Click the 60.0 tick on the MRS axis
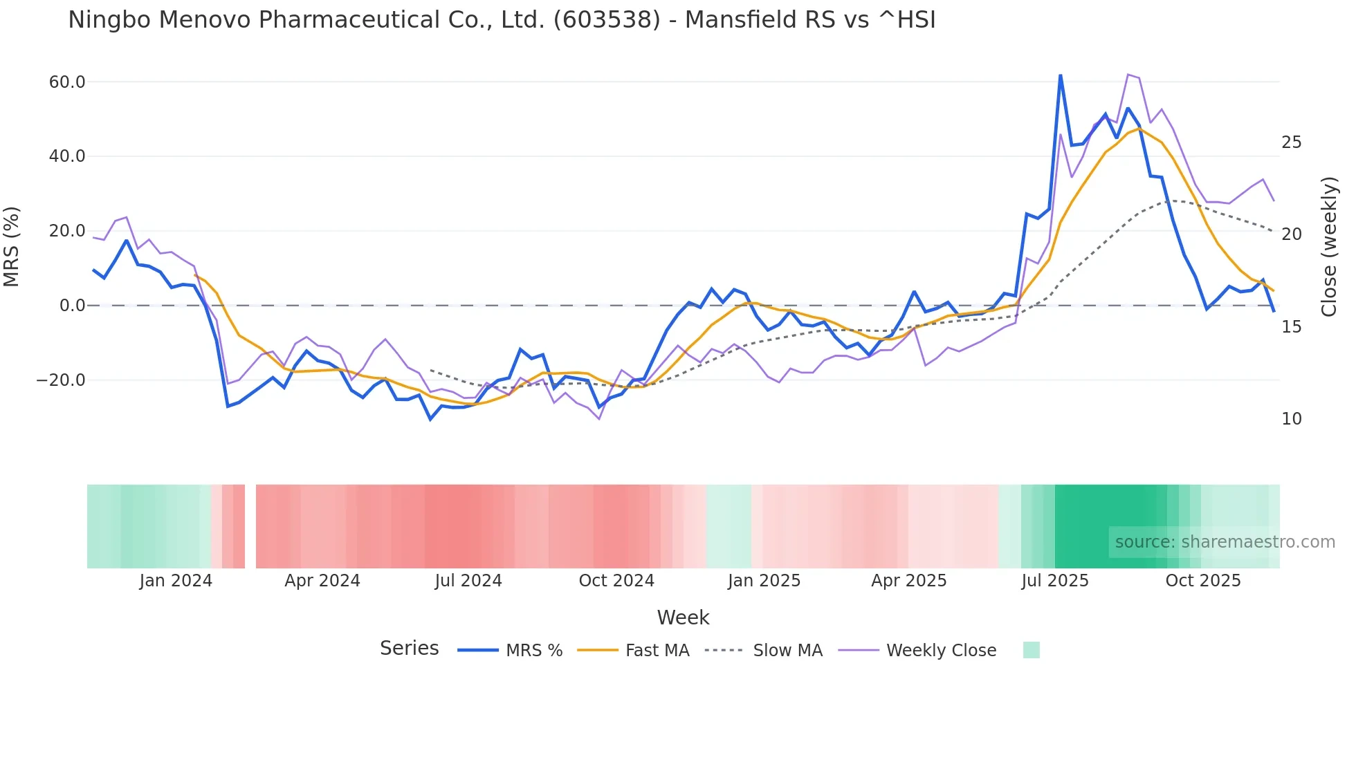67,82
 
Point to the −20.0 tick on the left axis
61,380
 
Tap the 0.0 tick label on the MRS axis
72,306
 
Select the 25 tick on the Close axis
1292,142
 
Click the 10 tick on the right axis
1292,419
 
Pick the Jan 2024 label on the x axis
176,581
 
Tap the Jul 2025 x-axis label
1055,581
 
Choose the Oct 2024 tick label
616,581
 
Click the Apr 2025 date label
909,581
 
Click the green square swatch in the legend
1032,650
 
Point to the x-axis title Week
683,617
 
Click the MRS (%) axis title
12,247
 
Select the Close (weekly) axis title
1329,247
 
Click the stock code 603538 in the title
607,20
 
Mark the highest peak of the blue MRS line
1060,75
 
